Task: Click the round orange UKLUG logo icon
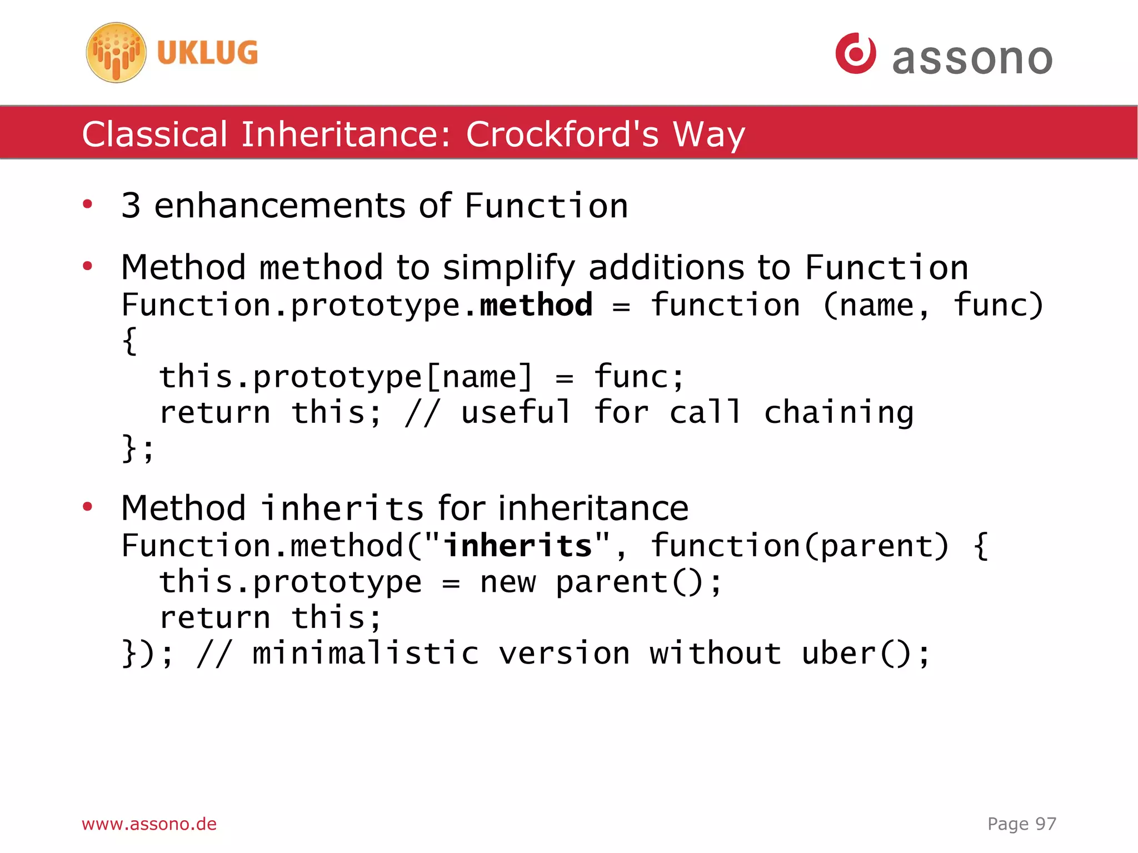pyautogui.click(x=116, y=53)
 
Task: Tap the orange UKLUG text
pyautogui.click(x=207, y=53)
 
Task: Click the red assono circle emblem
pyautogui.click(x=856, y=53)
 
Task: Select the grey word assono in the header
pyautogui.click(x=972, y=58)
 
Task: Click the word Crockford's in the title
pyautogui.click(x=562, y=134)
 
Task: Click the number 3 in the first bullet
pyautogui.click(x=131, y=206)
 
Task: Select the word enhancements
pyautogui.click(x=279, y=206)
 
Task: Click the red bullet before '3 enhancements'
pyautogui.click(x=87, y=204)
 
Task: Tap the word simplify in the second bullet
pyautogui.click(x=508, y=267)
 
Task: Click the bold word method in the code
pyautogui.click(x=536, y=305)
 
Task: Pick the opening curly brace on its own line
pyautogui.click(x=129, y=341)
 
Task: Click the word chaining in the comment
pyautogui.click(x=838, y=413)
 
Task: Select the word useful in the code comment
pyautogui.click(x=516, y=412)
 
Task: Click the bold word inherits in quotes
pyautogui.click(x=518, y=545)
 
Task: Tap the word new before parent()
pyautogui.click(x=508, y=582)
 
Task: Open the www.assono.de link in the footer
pyautogui.click(x=149, y=824)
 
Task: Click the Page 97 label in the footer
pyautogui.click(x=1021, y=824)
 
